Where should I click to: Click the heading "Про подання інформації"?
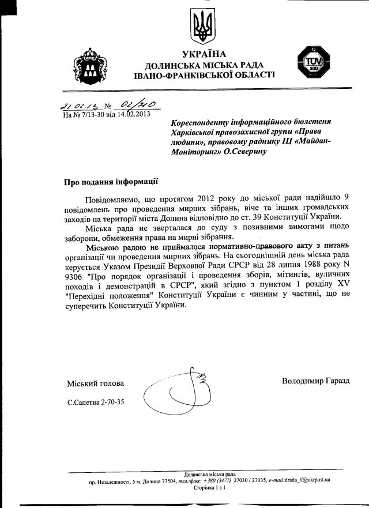coord(111,181)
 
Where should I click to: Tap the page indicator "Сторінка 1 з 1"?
coord(209,487)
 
